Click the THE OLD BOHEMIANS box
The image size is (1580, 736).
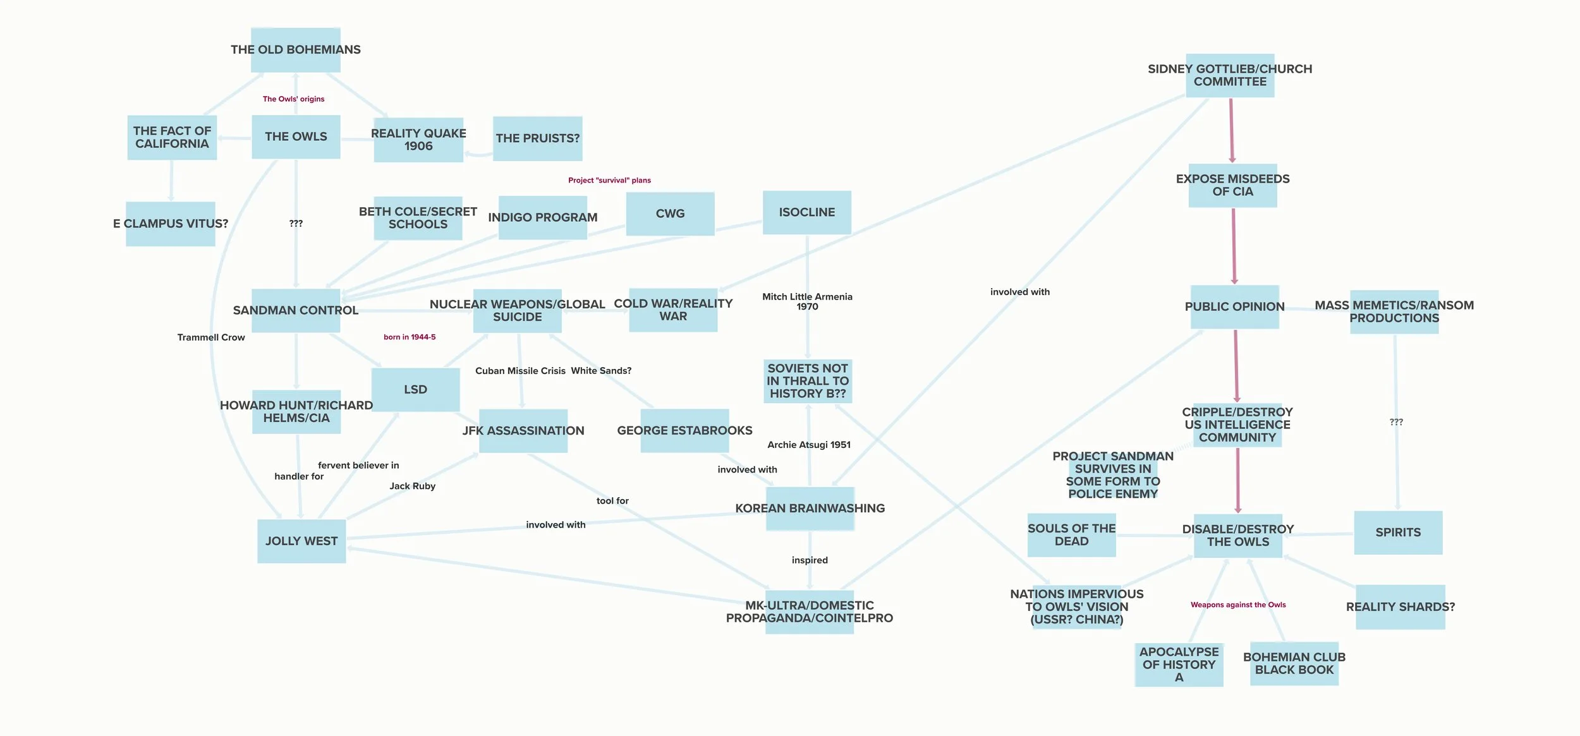point(296,50)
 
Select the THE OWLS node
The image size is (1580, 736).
point(296,136)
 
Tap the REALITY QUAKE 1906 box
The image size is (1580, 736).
point(418,140)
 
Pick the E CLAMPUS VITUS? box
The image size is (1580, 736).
point(171,224)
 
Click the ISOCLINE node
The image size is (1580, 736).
point(806,212)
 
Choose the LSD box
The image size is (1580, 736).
point(415,390)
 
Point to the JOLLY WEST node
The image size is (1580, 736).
point(301,541)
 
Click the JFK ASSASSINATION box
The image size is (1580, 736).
point(523,431)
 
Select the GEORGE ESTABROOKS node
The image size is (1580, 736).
point(684,431)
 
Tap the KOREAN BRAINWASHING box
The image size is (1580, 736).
point(810,509)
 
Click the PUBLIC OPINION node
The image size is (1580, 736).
point(1234,307)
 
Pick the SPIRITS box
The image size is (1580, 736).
point(1398,533)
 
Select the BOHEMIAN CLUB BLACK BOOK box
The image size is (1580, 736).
point(1294,663)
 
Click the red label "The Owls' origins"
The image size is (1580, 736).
point(293,99)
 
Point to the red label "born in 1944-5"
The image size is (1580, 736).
point(410,337)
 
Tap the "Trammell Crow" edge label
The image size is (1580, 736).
point(211,337)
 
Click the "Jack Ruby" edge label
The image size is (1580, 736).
point(412,486)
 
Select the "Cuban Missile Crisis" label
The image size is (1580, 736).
point(520,371)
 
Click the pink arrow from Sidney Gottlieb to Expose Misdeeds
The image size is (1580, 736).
point(1231,130)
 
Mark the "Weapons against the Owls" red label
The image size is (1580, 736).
point(1238,605)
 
